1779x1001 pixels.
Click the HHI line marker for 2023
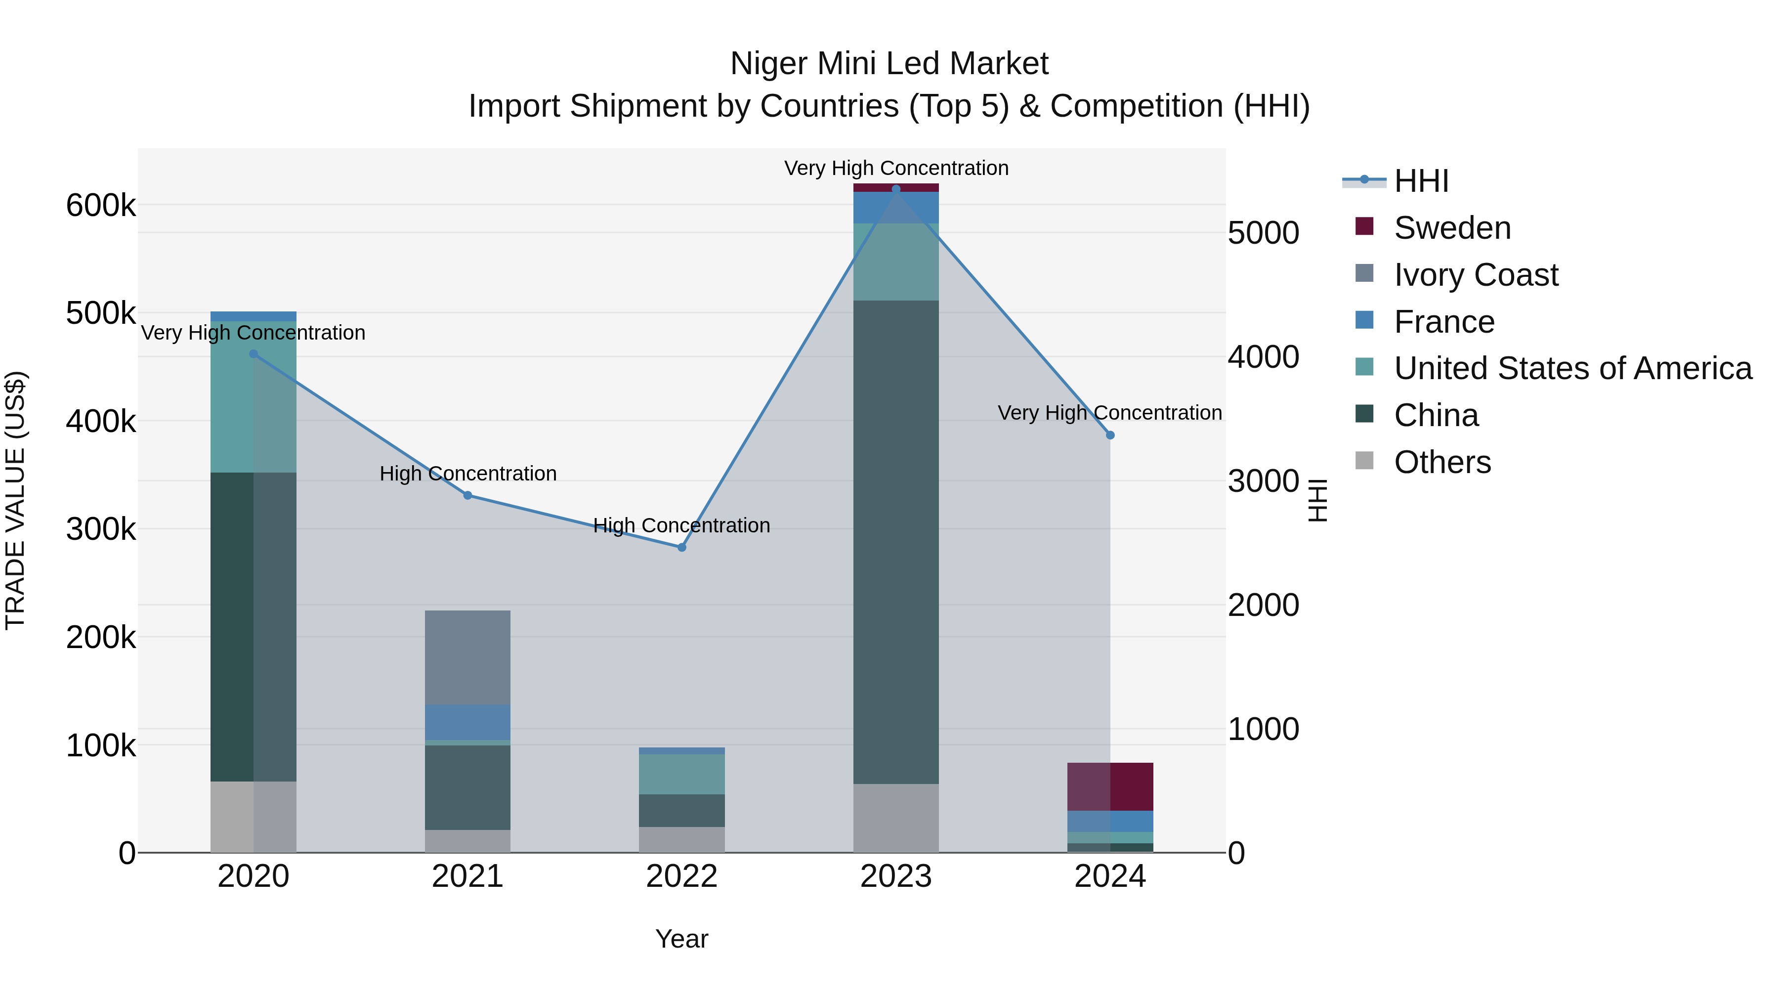click(896, 189)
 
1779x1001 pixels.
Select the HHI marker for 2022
click(681, 547)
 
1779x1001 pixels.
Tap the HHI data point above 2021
click(467, 495)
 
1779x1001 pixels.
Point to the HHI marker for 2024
click(1110, 435)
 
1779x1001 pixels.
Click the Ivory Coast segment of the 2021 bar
click(467, 657)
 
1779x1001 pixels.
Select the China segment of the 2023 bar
click(896, 542)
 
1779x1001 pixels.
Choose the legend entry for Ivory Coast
click(1475, 275)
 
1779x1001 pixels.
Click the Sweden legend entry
click(1452, 228)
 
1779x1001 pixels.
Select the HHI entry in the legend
click(1421, 181)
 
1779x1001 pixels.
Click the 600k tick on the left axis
click(101, 206)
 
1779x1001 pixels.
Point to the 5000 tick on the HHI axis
click(1263, 233)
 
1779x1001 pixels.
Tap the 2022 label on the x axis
click(681, 876)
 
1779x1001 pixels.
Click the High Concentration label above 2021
click(467, 474)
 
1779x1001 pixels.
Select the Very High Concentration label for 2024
click(1110, 413)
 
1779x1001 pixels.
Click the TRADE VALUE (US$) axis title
click(15, 500)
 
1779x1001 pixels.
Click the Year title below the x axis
click(681, 939)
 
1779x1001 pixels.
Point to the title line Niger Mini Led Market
click(889, 64)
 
